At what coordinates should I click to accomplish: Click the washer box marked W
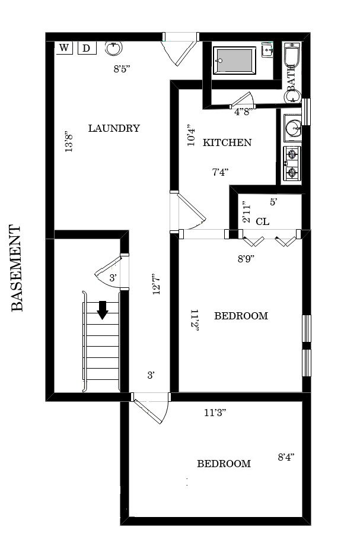pyautogui.click(x=64, y=47)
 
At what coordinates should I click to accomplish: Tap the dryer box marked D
pyautogui.click(x=87, y=48)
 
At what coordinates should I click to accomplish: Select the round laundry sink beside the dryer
pyautogui.click(x=113, y=48)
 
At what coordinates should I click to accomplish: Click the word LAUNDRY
pyautogui.click(x=114, y=128)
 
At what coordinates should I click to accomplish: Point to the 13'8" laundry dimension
pyautogui.click(x=69, y=141)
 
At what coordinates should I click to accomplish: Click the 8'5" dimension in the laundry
pyautogui.click(x=122, y=69)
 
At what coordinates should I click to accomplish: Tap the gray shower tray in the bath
pyautogui.click(x=234, y=61)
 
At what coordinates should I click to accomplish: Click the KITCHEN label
pyautogui.click(x=227, y=142)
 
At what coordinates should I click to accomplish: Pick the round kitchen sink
pyautogui.click(x=293, y=128)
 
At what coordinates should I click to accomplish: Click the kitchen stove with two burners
pyautogui.click(x=292, y=163)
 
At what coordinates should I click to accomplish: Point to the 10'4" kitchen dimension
pyautogui.click(x=190, y=135)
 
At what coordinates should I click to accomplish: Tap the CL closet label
pyautogui.click(x=262, y=221)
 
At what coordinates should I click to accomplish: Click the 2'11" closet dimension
pyautogui.click(x=246, y=212)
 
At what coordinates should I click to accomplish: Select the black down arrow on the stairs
pyautogui.click(x=103, y=310)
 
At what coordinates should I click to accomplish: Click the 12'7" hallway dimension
pyautogui.click(x=157, y=284)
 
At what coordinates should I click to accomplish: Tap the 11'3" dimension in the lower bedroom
pyautogui.click(x=215, y=413)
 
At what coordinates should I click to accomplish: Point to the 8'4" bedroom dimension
pyautogui.click(x=286, y=457)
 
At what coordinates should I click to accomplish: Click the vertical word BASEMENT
pyautogui.click(x=17, y=268)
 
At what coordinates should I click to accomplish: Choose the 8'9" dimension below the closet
pyautogui.click(x=246, y=259)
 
